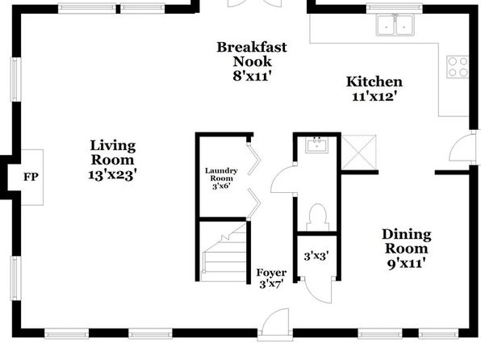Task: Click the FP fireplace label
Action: (31, 177)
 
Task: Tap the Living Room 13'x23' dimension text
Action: (112, 175)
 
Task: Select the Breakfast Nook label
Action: (252, 54)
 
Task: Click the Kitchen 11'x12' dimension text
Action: (374, 97)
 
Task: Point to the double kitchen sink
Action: (395, 25)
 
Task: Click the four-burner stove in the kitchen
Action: (458, 67)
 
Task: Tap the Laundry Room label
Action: (221, 174)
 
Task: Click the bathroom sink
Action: (316, 144)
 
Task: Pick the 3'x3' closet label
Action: (316, 256)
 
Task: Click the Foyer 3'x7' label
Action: (271, 278)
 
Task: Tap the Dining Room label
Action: (407, 241)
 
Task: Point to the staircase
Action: (224, 253)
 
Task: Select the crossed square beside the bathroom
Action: (358, 152)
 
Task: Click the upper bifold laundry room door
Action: (253, 159)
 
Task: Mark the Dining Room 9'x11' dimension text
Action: (407, 263)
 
